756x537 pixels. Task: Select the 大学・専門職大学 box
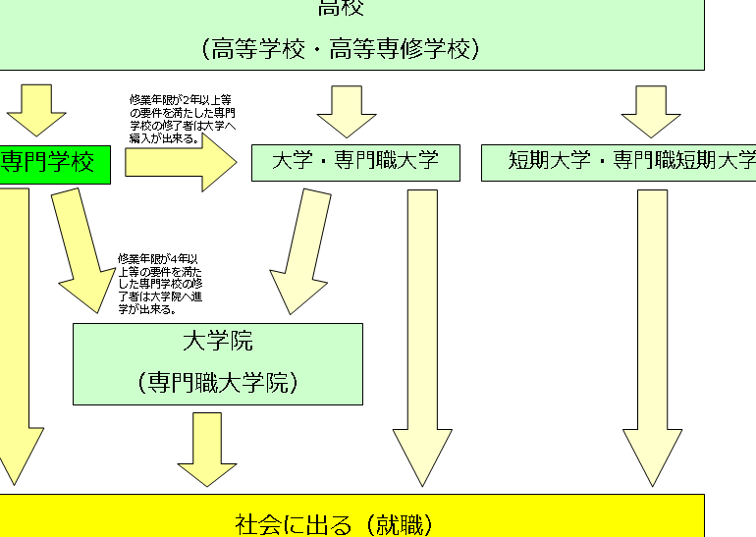point(355,162)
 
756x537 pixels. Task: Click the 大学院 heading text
point(217,342)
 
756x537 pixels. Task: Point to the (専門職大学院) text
point(217,382)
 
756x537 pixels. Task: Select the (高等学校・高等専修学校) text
point(340,48)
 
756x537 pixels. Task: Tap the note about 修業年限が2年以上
point(183,119)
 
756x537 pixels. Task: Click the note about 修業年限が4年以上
point(160,284)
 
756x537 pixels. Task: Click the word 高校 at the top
point(340,9)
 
